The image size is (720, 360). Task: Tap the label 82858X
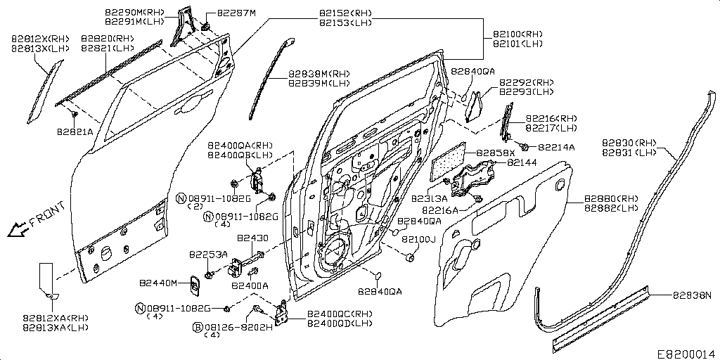click(496, 153)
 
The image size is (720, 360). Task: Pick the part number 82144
click(521, 162)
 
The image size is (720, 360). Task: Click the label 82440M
click(160, 283)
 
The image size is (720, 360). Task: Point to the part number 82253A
click(208, 254)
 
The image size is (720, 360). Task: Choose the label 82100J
click(419, 240)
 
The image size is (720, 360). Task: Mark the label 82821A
click(75, 131)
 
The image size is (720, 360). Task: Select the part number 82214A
click(556, 148)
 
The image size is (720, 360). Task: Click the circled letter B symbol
click(198, 327)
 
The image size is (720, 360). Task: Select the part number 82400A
click(250, 286)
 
